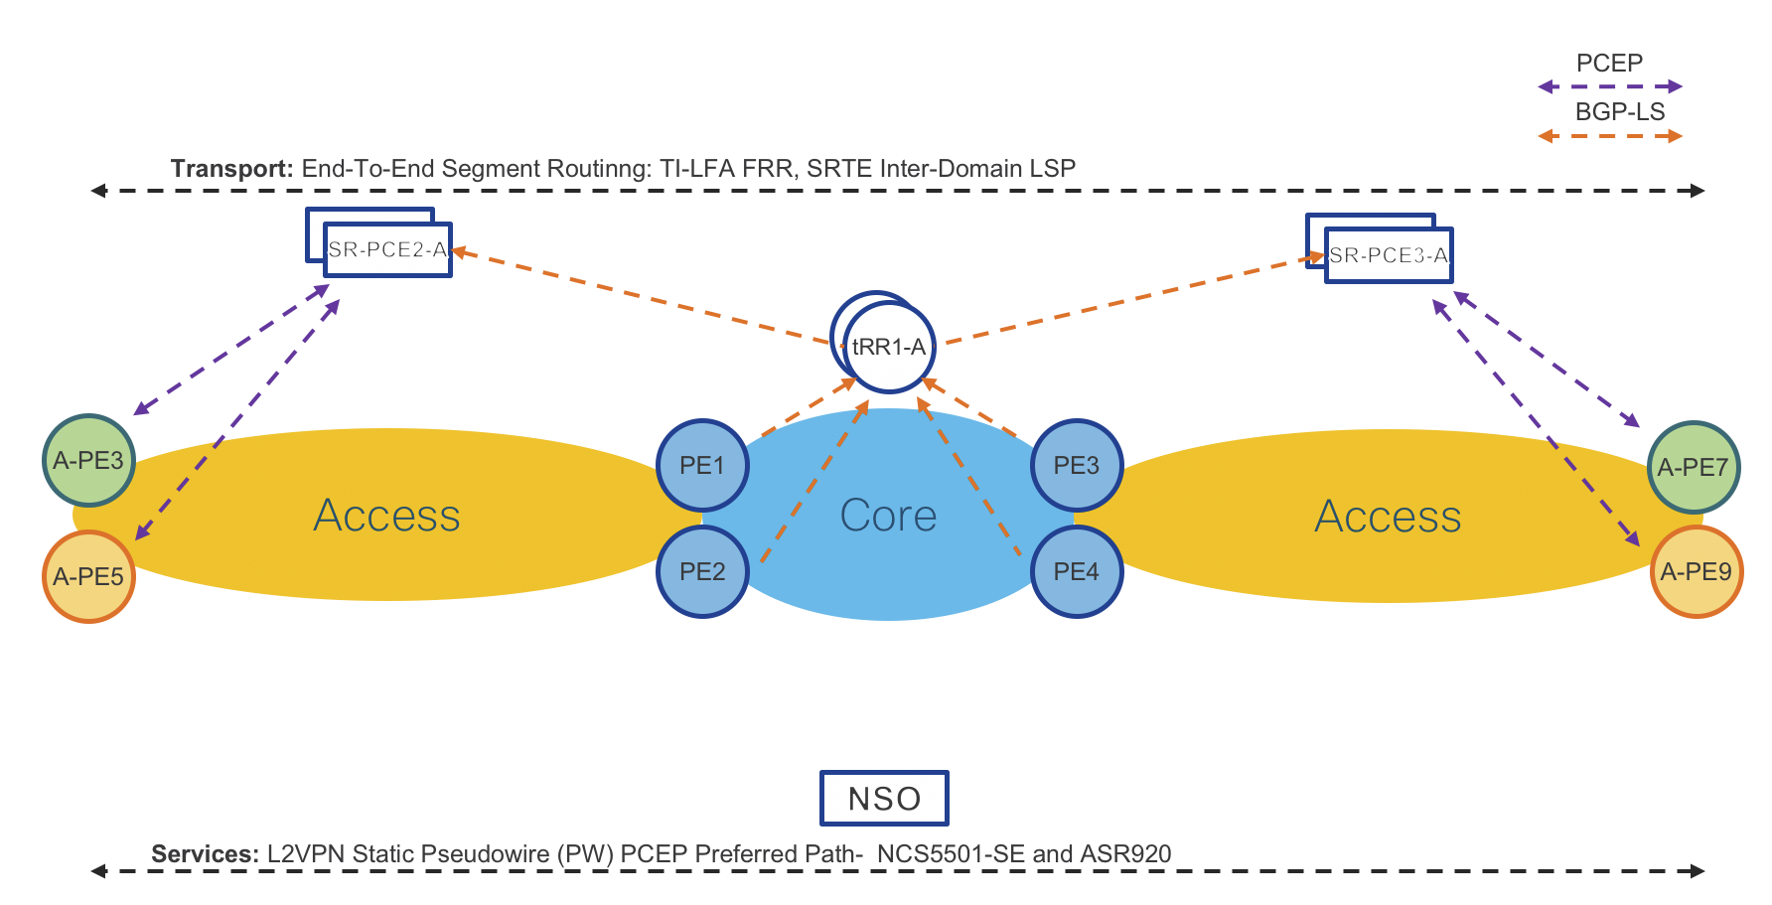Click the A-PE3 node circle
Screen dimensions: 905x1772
click(x=88, y=461)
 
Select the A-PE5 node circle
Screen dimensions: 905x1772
click(x=88, y=577)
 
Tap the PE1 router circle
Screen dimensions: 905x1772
click(x=702, y=465)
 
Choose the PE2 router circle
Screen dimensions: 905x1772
click(x=702, y=571)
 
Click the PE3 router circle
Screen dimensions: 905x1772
click(x=1076, y=465)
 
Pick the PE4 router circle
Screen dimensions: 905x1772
click(x=1076, y=571)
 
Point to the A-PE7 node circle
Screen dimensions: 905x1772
click(x=1693, y=467)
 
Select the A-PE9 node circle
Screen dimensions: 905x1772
click(x=1696, y=571)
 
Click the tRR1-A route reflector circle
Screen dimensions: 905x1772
click(x=888, y=347)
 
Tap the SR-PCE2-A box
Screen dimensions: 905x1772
click(x=387, y=249)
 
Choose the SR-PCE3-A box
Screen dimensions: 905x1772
click(x=1389, y=255)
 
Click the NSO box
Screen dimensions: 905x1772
click(x=884, y=798)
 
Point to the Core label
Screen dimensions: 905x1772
click(x=888, y=516)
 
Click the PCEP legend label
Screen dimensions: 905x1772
click(x=1609, y=63)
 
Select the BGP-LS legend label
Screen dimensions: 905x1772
click(x=1619, y=111)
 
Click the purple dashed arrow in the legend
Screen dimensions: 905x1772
click(x=1609, y=86)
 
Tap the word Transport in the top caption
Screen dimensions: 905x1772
click(x=230, y=168)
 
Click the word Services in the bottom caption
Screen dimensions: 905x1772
click(x=205, y=853)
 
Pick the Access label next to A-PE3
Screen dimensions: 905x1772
click(x=386, y=516)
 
